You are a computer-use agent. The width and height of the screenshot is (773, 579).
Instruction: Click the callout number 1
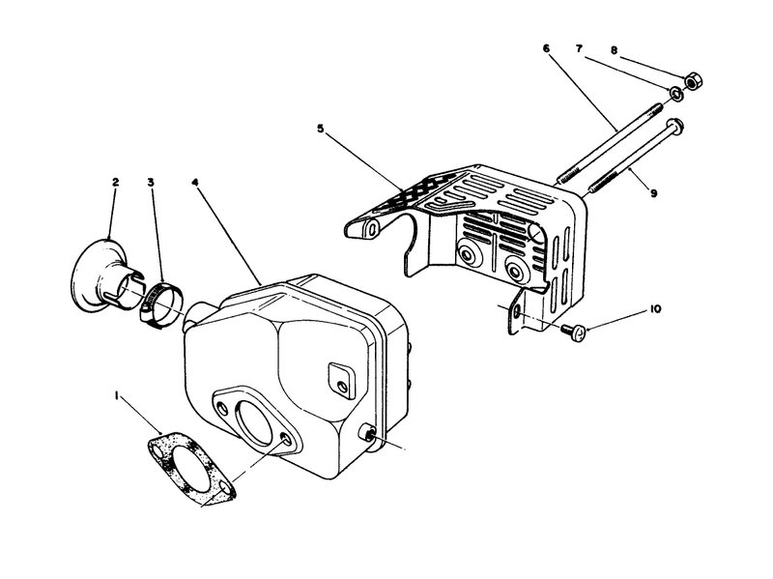(x=118, y=396)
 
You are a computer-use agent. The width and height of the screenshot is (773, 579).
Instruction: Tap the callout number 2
(x=114, y=181)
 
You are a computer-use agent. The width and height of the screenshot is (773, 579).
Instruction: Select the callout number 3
(x=152, y=182)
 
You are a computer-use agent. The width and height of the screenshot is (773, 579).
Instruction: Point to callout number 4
(x=196, y=181)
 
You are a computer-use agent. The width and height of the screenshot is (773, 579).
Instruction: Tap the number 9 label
(x=654, y=193)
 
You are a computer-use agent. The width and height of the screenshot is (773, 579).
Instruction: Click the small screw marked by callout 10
(x=571, y=331)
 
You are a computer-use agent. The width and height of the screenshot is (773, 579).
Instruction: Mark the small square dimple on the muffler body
(x=342, y=376)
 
